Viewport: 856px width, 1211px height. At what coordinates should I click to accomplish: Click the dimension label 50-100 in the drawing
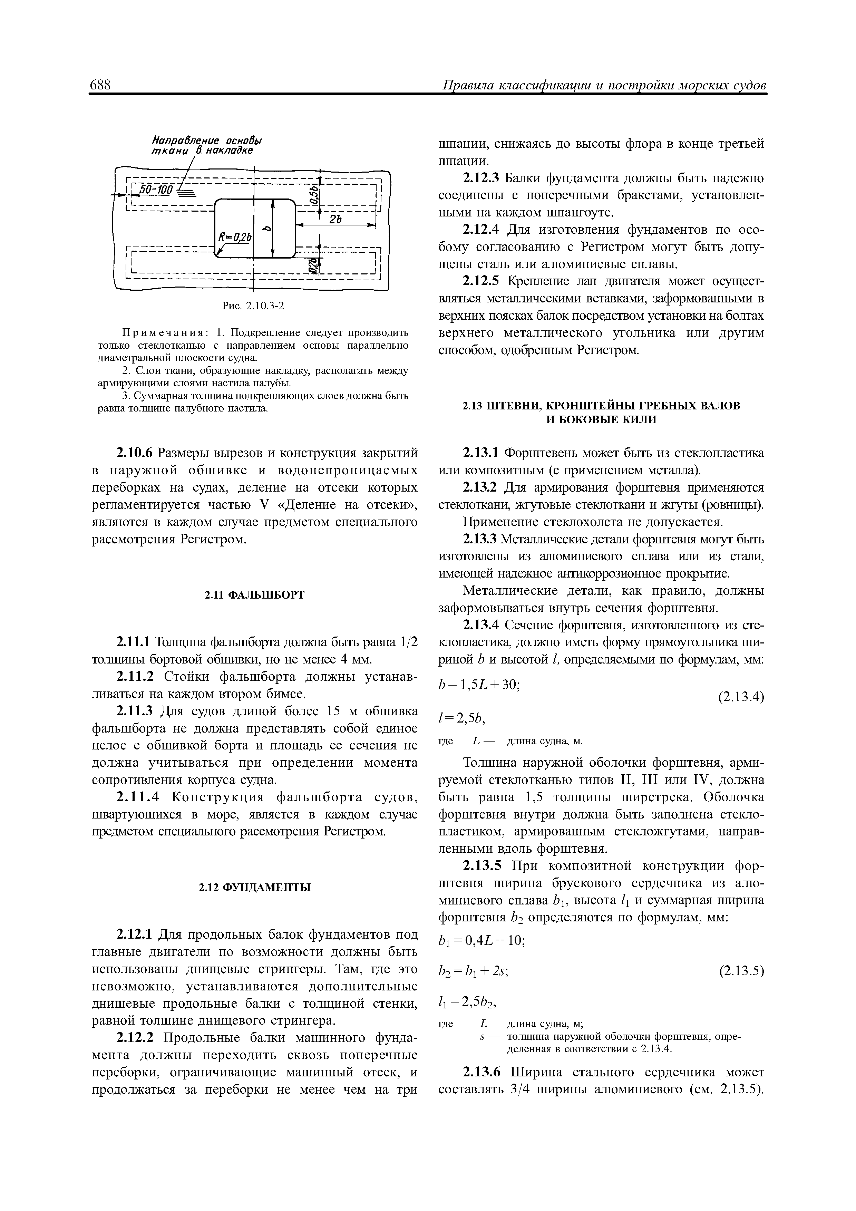[x=155, y=188]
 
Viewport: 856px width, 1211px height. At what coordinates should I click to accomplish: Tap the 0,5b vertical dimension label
[x=314, y=195]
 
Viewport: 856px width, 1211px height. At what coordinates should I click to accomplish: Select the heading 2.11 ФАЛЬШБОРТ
[x=254, y=595]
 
